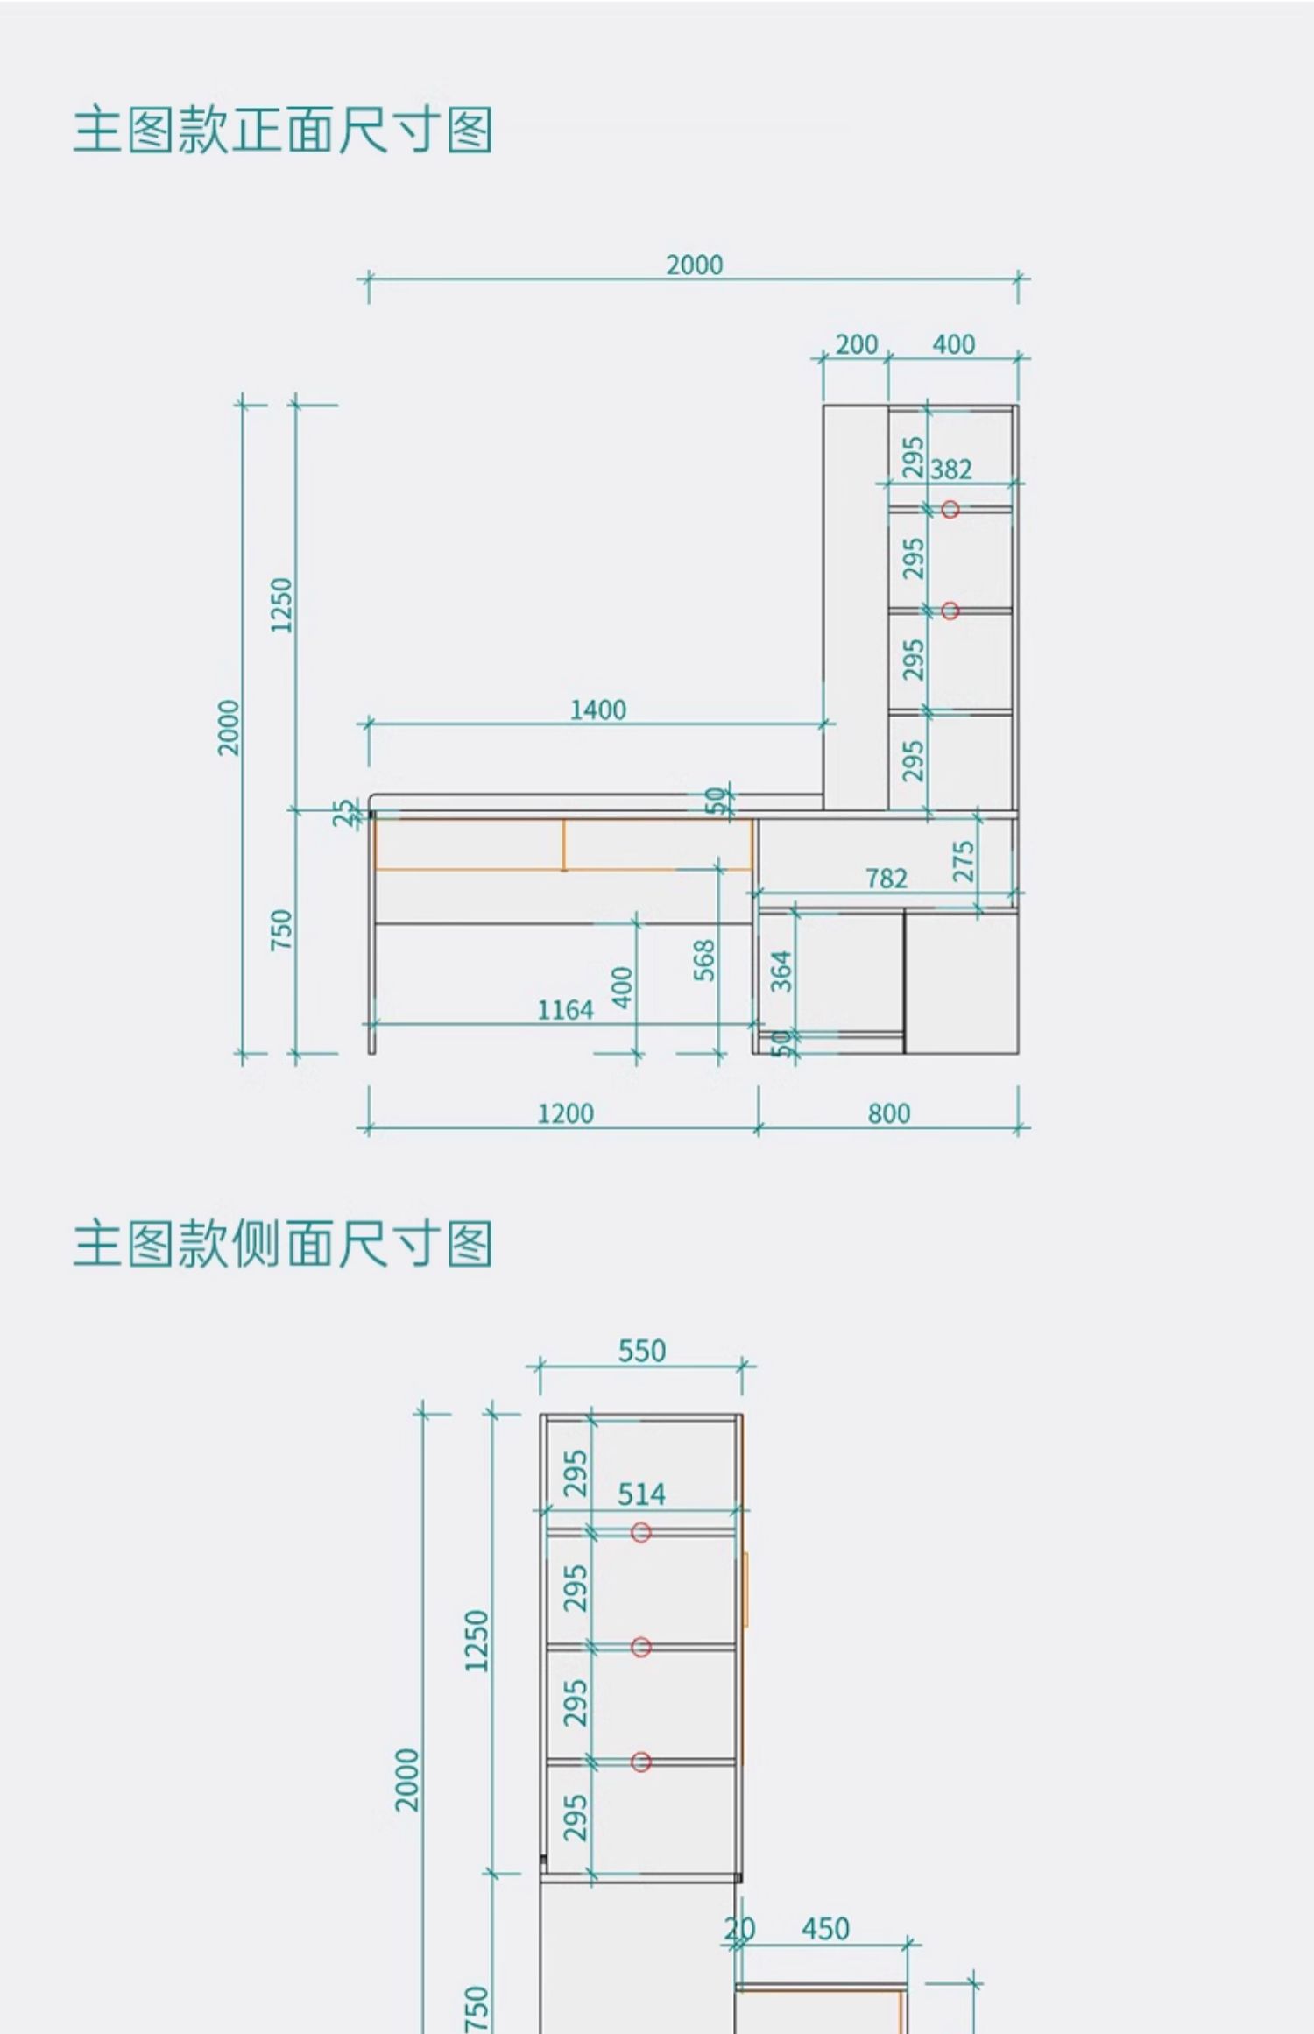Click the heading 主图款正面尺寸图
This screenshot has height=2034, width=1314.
pyautogui.click(x=282, y=131)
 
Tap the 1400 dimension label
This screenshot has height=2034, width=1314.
pyautogui.click(x=598, y=710)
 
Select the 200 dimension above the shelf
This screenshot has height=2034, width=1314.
pyautogui.click(x=856, y=345)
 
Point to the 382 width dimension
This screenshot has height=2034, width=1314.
pyautogui.click(x=951, y=470)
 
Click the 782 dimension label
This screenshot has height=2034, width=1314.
pyautogui.click(x=887, y=879)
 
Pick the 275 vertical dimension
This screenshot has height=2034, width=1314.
pyautogui.click(x=964, y=861)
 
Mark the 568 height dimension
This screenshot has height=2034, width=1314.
pyautogui.click(x=704, y=960)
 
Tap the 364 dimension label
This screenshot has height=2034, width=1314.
pyautogui.click(x=781, y=971)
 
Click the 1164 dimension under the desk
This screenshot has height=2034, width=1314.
pyautogui.click(x=565, y=1011)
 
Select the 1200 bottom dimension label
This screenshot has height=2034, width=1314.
pyautogui.click(x=565, y=1114)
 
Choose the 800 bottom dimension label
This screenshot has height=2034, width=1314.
pyautogui.click(x=889, y=1114)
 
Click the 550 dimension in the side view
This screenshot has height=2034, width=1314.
pyautogui.click(x=642, y=1351)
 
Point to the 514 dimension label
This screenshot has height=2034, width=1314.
pyautogui.click(x=642, y=1494)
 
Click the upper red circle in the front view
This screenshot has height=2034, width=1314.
pyautogui.click(x=950, y=509)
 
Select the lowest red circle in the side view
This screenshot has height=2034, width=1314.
pyautogui.click(x=641, y=1762)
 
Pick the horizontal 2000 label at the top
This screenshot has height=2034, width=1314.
pyautogui.click(x=695, y=265)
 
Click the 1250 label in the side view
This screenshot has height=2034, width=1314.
pyautogui.click(x=476, y=1641)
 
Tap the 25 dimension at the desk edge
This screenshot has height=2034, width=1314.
pyautogui.click(x=346, y=812)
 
